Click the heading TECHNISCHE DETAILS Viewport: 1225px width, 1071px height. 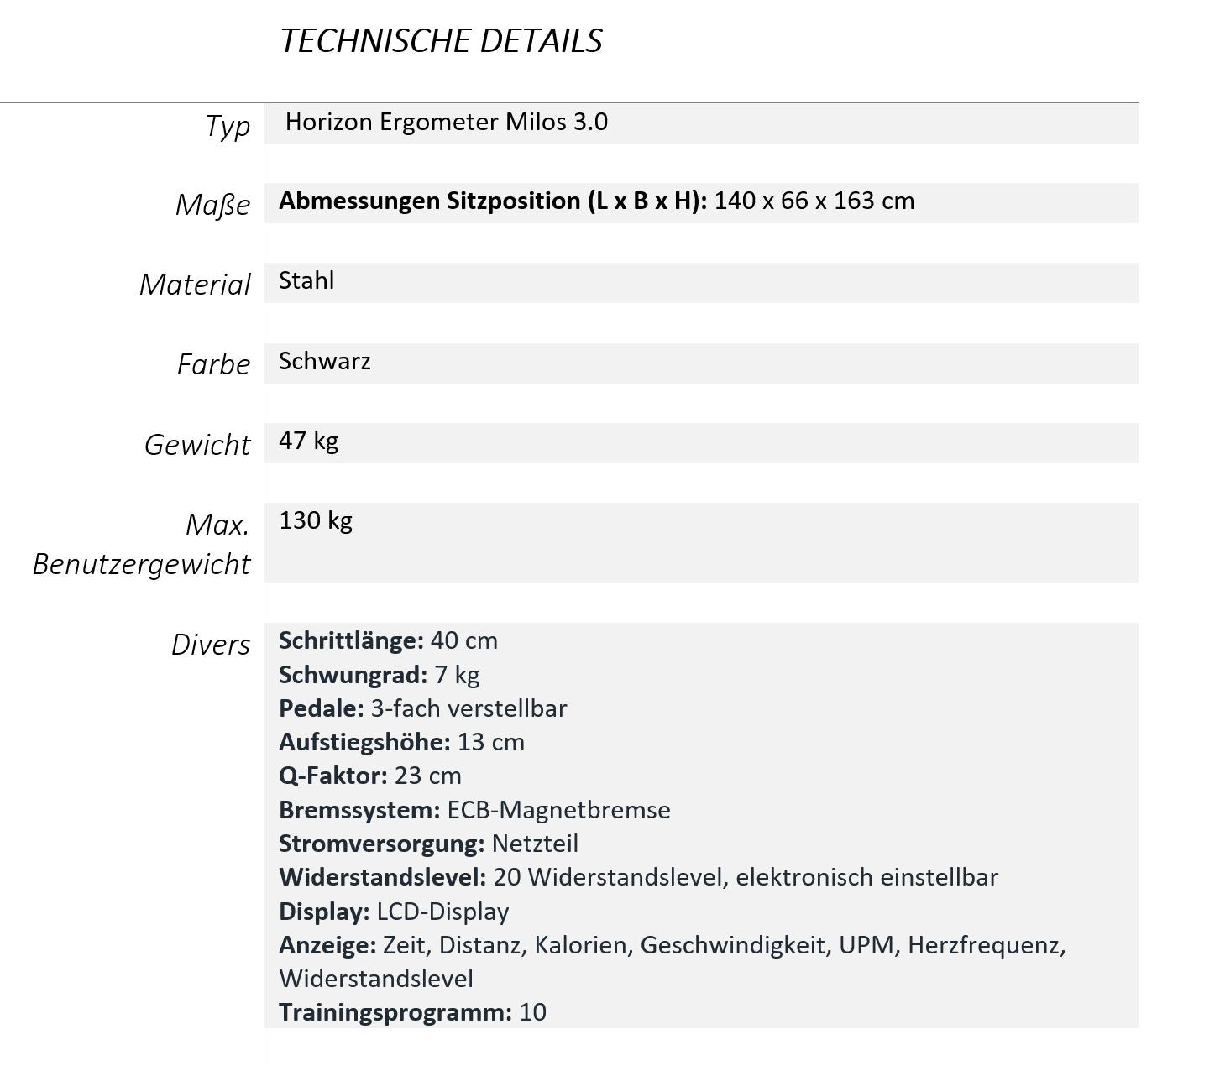[441, 41]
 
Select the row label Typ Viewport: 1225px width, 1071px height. [228, 126]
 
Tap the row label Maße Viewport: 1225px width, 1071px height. [212, 205]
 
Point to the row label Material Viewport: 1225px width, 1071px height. [195, 285]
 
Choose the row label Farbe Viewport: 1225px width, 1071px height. [213, 364]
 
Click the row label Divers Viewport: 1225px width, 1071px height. [210, 645]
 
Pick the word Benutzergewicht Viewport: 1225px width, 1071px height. [141, 564]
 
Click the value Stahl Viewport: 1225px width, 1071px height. [306, 280]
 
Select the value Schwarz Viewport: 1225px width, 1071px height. [325, 361]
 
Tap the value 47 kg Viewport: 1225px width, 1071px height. [308, 441]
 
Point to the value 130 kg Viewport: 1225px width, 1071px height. [316, 520]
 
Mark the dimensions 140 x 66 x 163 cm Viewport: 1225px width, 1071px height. [814, 201]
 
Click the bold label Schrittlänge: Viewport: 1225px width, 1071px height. [351, 640]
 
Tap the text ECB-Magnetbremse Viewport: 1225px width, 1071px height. [558, 810]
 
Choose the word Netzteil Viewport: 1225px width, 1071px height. [535, 844]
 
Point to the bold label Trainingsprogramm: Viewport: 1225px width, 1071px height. [395, 1012]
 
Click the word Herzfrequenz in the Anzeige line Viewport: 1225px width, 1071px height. [986, 945]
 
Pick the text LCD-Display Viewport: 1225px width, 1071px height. [442, 912]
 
